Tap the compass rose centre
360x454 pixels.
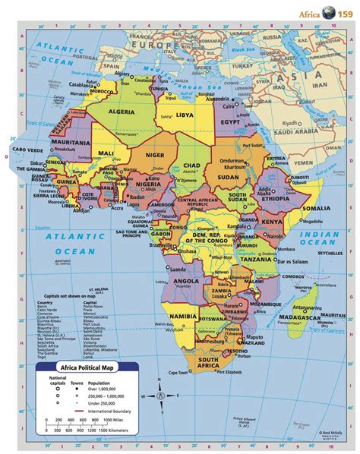(x=160, y=394)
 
